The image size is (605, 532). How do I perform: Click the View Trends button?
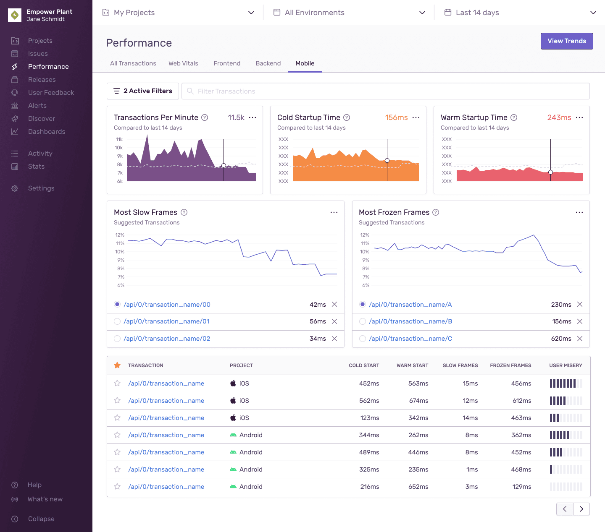[566, 41]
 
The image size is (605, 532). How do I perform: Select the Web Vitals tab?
[183, 63]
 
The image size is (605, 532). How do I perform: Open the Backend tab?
[268, 63]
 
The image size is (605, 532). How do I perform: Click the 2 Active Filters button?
[143, 91]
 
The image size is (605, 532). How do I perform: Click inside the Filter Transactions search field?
[378, 91]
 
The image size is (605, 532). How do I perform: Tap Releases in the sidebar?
[42, 80]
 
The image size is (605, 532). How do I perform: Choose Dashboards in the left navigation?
[46, 132]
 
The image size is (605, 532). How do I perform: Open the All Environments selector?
[349, 13]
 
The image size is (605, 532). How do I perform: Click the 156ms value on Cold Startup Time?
[396, 117]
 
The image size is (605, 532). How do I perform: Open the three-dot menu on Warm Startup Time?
[579, 117]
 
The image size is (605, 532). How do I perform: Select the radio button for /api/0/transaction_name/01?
[117, 321]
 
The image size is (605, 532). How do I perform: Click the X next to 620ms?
[580, 339]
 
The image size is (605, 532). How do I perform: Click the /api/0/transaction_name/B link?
[410, 321]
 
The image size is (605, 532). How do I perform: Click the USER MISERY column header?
[566, 365]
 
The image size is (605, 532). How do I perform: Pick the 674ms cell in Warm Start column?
[418, 401]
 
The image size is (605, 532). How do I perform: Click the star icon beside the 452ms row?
[117, 383]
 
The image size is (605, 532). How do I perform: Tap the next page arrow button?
[581, 509]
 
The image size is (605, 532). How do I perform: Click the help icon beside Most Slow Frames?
[184, 212]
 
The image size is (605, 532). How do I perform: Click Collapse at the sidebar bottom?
[41, 519]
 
